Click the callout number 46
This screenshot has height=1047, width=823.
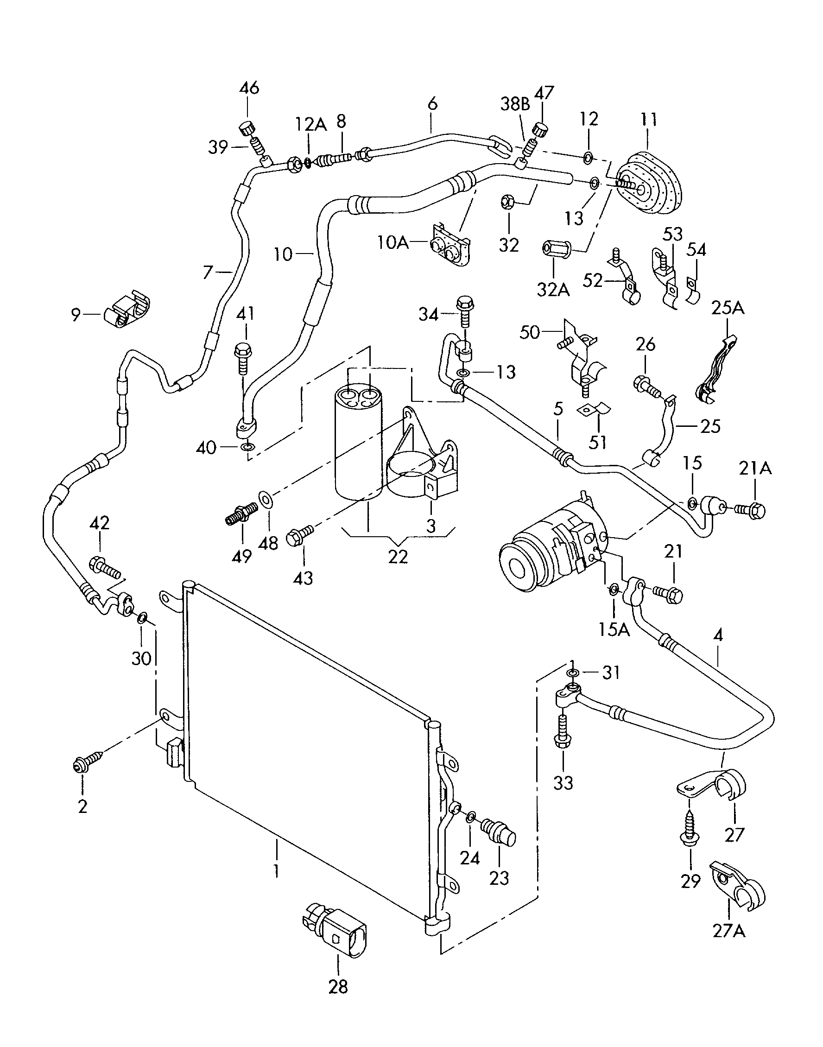pos(249,88)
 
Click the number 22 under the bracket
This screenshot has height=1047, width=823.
pos(398,557)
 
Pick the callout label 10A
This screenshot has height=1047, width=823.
pos(393,242)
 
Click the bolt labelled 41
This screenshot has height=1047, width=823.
pos(242,356)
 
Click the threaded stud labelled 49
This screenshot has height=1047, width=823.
pos(241,513)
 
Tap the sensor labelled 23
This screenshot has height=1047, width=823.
pos(499,832)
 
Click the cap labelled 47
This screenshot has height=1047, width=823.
pos(540,130)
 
